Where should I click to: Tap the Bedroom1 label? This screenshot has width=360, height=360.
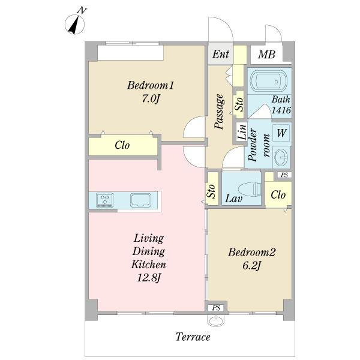pos(151,85)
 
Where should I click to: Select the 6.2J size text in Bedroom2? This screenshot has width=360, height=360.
pos(251,266)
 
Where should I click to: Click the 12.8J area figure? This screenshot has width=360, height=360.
pos(149,278)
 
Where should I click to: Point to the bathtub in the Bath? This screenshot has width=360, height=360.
pos(268,80)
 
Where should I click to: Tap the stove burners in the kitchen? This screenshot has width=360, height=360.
pos(105,200)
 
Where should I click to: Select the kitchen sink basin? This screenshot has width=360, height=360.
pos(141,200)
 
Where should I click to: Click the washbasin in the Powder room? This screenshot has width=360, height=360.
pos(281,157)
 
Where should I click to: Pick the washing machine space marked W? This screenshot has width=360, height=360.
pos(282,133)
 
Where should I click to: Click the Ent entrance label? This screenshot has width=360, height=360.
pos(220,54)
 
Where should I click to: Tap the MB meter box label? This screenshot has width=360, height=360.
pos(266,55)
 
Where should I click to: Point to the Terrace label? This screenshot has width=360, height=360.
pos(193,337)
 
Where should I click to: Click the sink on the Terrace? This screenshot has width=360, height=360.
pos(216,320)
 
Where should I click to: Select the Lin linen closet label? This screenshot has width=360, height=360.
pos(241,132)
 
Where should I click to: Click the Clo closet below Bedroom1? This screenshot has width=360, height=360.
pos(123,145)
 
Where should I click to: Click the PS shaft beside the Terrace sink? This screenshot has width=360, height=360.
pos(216,308)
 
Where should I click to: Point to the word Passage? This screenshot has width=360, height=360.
pos(219,112)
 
